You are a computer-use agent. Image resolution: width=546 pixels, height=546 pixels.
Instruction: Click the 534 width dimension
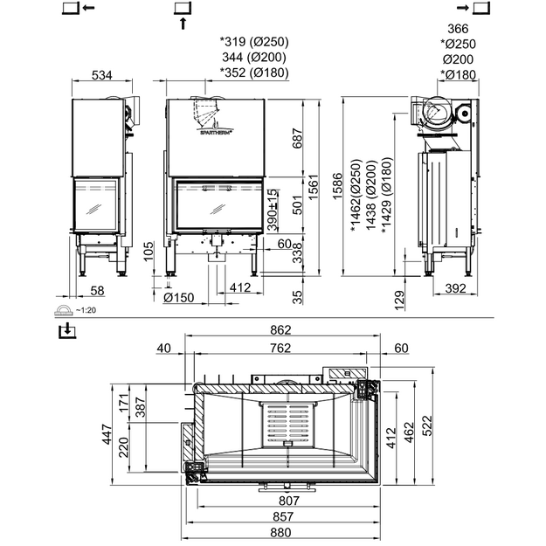click(102, 75)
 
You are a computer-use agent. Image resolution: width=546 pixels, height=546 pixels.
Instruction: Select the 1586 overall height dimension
click(337, 186)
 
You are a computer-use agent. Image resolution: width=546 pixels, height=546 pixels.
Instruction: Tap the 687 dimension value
click(297, 139)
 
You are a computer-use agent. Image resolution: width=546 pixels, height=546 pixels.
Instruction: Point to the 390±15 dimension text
click(273, 211)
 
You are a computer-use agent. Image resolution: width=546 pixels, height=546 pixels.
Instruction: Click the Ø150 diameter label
click(178, 297)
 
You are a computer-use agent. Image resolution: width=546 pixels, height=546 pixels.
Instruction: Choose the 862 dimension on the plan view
click(280, 329)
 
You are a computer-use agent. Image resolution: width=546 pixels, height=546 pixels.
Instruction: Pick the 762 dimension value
click(280, 348)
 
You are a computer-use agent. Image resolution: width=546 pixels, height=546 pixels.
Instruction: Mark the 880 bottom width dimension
click(280, 532)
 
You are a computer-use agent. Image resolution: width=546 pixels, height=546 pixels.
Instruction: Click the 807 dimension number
click(289, 501)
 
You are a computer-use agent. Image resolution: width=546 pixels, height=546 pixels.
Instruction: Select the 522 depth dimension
click(427, 425)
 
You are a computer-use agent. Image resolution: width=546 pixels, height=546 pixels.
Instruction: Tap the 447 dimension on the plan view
click(107, 434)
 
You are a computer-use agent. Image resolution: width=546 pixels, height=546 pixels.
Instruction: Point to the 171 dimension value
click(124, 403)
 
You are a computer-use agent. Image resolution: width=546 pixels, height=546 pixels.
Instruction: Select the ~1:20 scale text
click(86, 310)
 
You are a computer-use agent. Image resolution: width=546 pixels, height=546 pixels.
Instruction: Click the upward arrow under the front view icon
click(183, 24)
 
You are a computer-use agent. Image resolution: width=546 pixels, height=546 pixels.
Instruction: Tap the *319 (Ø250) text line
click(254, 42)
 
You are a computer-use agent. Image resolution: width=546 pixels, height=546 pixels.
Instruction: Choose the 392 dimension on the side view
click(455, 288)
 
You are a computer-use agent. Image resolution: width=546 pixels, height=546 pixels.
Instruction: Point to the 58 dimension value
click(97, 291)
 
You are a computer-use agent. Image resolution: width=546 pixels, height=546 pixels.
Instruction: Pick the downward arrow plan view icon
click(67, 330)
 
